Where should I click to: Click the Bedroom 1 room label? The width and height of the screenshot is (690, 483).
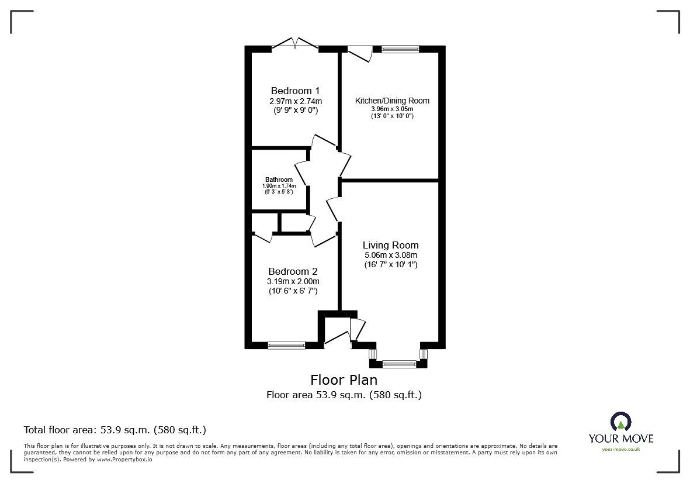295,91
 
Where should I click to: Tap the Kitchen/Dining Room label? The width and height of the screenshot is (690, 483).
392,101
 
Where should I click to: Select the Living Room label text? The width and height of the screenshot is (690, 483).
390,245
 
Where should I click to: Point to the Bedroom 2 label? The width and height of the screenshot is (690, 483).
293,271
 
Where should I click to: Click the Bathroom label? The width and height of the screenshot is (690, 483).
279,180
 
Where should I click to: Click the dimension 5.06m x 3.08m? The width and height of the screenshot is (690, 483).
390,255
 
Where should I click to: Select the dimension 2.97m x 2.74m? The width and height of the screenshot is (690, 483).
295,101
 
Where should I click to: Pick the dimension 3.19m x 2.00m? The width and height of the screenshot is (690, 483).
293,281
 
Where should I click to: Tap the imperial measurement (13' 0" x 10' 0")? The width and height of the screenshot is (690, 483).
392,116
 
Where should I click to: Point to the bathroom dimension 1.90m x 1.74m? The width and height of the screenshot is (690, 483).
279,186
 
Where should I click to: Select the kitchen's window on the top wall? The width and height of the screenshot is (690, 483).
400,50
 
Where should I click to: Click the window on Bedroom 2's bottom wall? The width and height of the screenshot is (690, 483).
286,346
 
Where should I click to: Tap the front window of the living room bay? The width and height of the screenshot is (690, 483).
399,364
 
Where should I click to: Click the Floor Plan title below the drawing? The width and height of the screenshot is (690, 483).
344,380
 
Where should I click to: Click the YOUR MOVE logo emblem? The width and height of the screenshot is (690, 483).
620,422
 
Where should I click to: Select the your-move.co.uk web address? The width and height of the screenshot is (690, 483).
620,449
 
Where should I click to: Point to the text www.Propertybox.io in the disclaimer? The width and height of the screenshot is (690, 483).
124,460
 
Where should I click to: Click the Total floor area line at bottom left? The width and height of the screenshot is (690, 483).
115,430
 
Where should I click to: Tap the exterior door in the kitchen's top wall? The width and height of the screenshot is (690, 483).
360,53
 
